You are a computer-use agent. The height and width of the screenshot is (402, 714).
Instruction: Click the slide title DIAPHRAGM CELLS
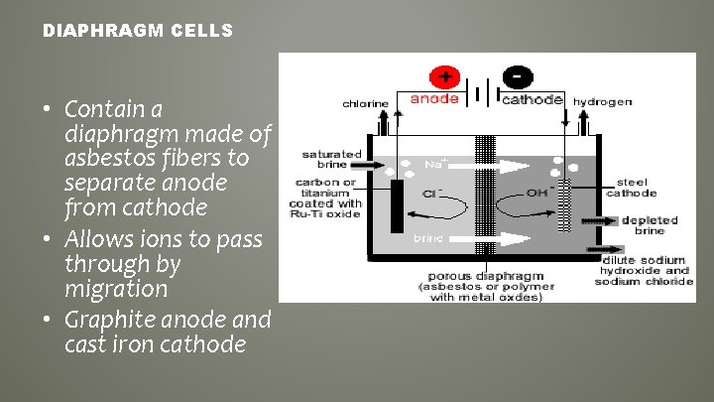[138, 32]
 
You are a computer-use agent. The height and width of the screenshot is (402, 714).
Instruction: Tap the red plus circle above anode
[443, 76]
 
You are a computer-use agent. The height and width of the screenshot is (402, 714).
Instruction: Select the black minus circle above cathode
[517, 76]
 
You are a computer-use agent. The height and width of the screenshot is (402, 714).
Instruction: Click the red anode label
[434, 99]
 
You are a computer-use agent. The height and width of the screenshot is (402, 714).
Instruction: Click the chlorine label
[366, 103]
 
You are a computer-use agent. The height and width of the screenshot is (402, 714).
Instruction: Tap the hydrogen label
[603, 102]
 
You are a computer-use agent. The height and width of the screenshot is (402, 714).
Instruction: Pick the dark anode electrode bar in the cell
[397, 204]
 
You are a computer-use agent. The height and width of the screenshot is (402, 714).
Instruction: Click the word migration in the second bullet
[116, 289]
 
